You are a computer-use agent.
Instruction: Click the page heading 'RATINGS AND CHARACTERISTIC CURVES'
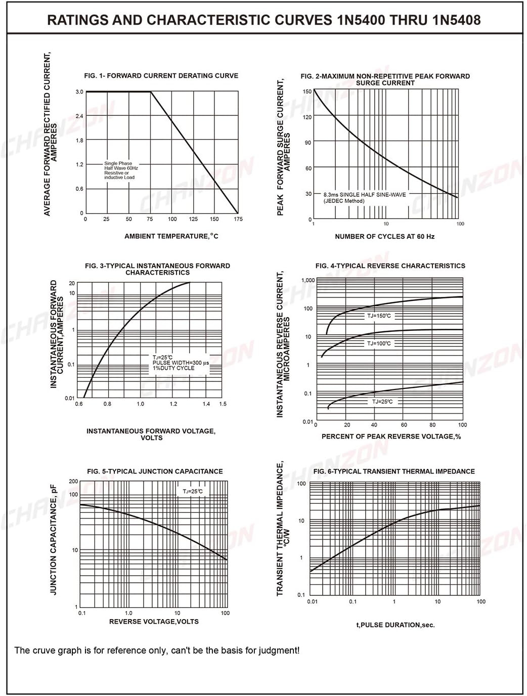click(x=190, y=20)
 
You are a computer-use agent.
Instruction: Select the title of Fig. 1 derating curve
click(x=161, y=76)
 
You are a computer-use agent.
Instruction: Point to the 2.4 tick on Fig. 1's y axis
click(x=79, y=116)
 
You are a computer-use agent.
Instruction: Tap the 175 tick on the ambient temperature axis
click(x=238, y=219)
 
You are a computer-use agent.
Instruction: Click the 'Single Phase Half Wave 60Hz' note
click(x=121, y=165)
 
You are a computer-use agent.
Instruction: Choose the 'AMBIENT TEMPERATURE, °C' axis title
click(x=171, y=236)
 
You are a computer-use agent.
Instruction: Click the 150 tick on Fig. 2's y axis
click(x=307, y=92)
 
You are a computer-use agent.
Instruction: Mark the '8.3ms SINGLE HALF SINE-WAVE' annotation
click(x=365, y=195)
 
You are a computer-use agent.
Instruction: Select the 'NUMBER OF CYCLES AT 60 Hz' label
click(x=385, y=236)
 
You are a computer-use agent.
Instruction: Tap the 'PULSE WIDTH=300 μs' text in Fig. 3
click(x=181, y=363)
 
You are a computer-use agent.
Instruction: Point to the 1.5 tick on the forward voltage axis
click(x=223, y=404)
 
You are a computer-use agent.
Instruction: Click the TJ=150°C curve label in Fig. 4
click(x=379, y=316)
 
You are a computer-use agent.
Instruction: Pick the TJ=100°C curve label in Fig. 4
click(x=379, y=343)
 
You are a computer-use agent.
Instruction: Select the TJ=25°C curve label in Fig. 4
click(x=382, y=402)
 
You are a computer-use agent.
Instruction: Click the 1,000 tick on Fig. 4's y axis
click(x=308, y=280)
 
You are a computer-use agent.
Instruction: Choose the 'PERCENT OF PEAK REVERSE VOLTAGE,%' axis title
click(x=391, y=437)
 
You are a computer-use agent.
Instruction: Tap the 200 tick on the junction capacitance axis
click(x=73, y=482)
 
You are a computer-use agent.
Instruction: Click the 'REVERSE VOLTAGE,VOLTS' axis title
click(x=154, y=622)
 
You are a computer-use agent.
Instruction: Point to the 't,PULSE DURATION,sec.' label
click(x=396, y=625)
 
